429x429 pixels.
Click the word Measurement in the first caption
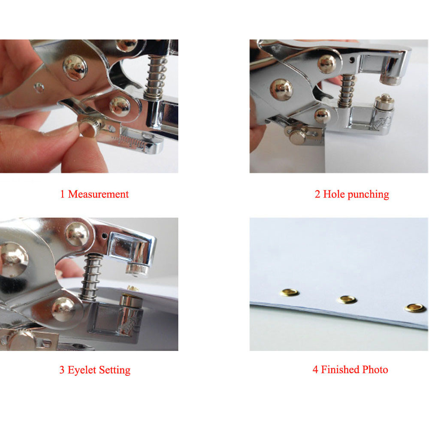(x=98, y=194)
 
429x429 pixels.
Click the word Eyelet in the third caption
(x=82, y=370)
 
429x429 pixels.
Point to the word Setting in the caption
(x=115, y=370)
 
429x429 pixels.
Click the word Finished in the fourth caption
(x=340, y=370)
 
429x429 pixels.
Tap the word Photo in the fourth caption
(x=375, y=370)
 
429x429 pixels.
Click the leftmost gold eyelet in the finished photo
(x=289, y=293)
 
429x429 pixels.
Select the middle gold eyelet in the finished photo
(x=347, y=299)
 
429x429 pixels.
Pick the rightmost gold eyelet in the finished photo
(x=415, y=308)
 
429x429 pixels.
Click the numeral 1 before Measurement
(x=62, y=194)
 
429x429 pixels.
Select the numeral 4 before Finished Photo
(x=315, y=370)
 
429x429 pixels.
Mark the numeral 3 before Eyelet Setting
(x=62, y=370)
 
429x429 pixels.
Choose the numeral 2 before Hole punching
(x=317, y=194)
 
